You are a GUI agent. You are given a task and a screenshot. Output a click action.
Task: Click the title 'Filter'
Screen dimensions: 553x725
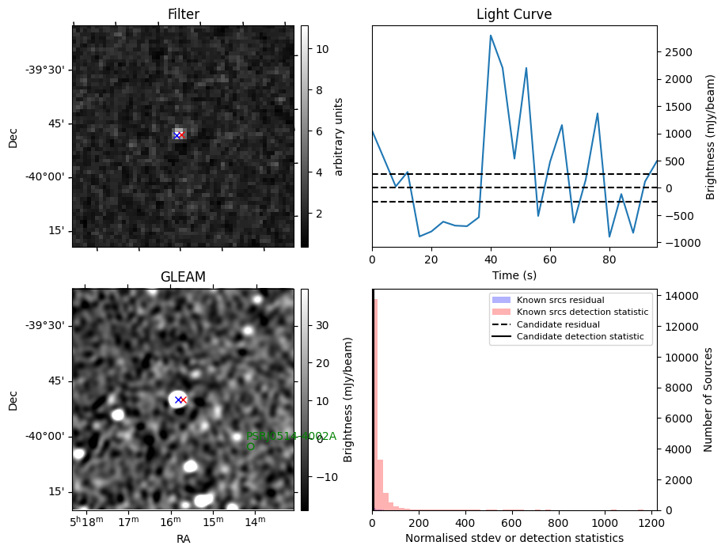click(x=183, y=14)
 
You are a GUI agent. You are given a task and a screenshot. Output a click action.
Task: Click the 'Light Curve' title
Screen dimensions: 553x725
click(x=514, y=14)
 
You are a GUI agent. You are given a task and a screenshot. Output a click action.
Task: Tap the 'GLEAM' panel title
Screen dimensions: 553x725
click(x=183, y=277)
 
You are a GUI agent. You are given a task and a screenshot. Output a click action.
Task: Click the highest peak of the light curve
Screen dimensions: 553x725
click(x=491, y=36)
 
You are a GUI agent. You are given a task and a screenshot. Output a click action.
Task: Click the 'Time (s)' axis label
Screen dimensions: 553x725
click(x=514, y=274)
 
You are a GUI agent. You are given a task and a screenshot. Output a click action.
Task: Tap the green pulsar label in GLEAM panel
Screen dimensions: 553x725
click(x=290, y=436)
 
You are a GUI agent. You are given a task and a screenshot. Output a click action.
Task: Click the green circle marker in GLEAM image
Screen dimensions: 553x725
click(x=251, y=446)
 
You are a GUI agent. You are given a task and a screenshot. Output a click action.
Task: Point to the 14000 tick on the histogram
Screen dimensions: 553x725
click(x=682, y=296)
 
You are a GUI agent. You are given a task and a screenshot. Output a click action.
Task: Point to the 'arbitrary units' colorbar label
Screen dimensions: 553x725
click(x=339, y=136)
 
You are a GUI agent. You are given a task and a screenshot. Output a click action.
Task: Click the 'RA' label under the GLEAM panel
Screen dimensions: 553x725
click(x=183, y=539)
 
